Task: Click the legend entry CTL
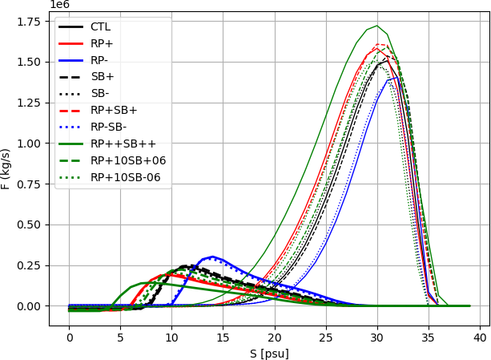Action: pyautogui.click(x=100, y=26)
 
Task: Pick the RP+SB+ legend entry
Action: pyautogui.click(x=114, y=110)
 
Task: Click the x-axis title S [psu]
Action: pyautogui.click(x=269, y=353)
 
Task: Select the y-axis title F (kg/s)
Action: pyautogui.click(x=7, y=168)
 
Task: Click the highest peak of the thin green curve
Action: pyautogui.click(x=377, y=26)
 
